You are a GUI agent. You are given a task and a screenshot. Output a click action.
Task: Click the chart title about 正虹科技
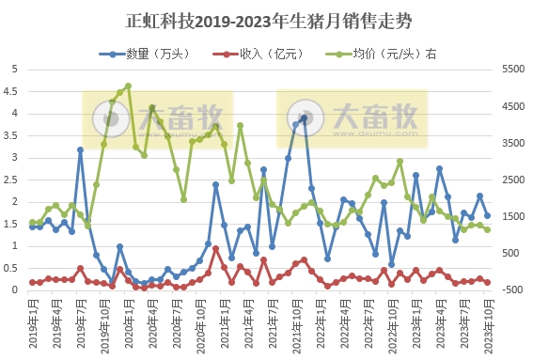[266, 20]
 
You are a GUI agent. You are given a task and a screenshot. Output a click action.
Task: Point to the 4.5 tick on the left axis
[13, 91]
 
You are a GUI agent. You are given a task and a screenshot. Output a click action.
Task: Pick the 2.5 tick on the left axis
[13, 180]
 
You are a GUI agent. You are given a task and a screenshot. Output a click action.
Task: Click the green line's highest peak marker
[127, 86]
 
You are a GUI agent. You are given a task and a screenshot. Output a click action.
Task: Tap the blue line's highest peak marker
[304, 118]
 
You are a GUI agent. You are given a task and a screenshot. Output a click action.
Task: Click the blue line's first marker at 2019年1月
[32, 227]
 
